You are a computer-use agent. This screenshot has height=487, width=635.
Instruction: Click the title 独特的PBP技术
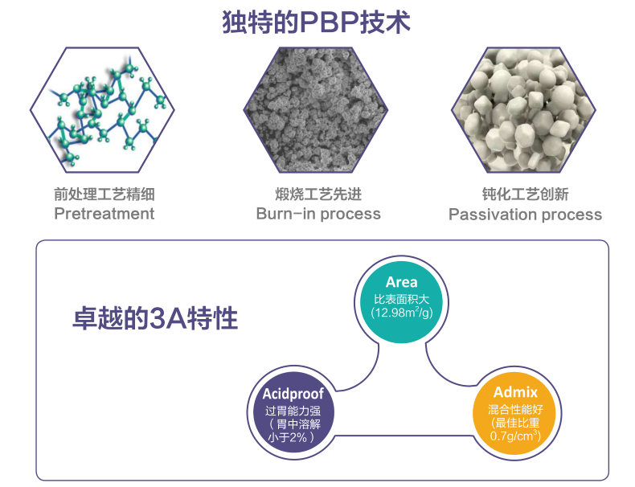(x=316, y=22)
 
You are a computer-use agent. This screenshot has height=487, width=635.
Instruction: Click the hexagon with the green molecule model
(x=102, y=110)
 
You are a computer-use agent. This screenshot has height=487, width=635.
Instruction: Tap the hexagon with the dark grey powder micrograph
(x=316, y=110)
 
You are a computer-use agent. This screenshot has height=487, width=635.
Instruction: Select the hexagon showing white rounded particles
(x=523, y=110)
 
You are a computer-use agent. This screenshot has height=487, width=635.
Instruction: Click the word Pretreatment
(x=104, y=213)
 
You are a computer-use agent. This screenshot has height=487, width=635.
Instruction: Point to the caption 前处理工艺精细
(x=104, y=194)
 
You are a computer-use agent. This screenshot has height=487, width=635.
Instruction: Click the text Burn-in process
(x=318, y=214)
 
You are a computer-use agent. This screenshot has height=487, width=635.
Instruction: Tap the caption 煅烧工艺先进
(x=318, y=194)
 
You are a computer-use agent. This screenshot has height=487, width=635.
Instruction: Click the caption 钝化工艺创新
(x=525, y=194)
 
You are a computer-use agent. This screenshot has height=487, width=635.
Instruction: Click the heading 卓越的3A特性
(x=155, y=318)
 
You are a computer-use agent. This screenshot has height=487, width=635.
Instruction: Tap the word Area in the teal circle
(x=401, y=282)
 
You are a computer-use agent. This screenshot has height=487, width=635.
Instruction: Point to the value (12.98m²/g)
(x=402, y=313)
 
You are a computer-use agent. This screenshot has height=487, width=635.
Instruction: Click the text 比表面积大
(x=401, y=299)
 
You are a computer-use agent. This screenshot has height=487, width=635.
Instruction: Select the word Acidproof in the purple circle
(x=293, y=394)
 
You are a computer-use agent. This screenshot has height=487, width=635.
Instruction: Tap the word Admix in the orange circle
(x=515, y=392)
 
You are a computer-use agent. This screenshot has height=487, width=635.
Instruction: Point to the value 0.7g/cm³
(x=515, y=436)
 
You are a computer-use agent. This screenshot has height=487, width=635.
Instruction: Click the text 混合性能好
(x=515, y=409)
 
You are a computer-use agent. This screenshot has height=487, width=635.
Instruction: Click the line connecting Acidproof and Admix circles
(x=404, y=436)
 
